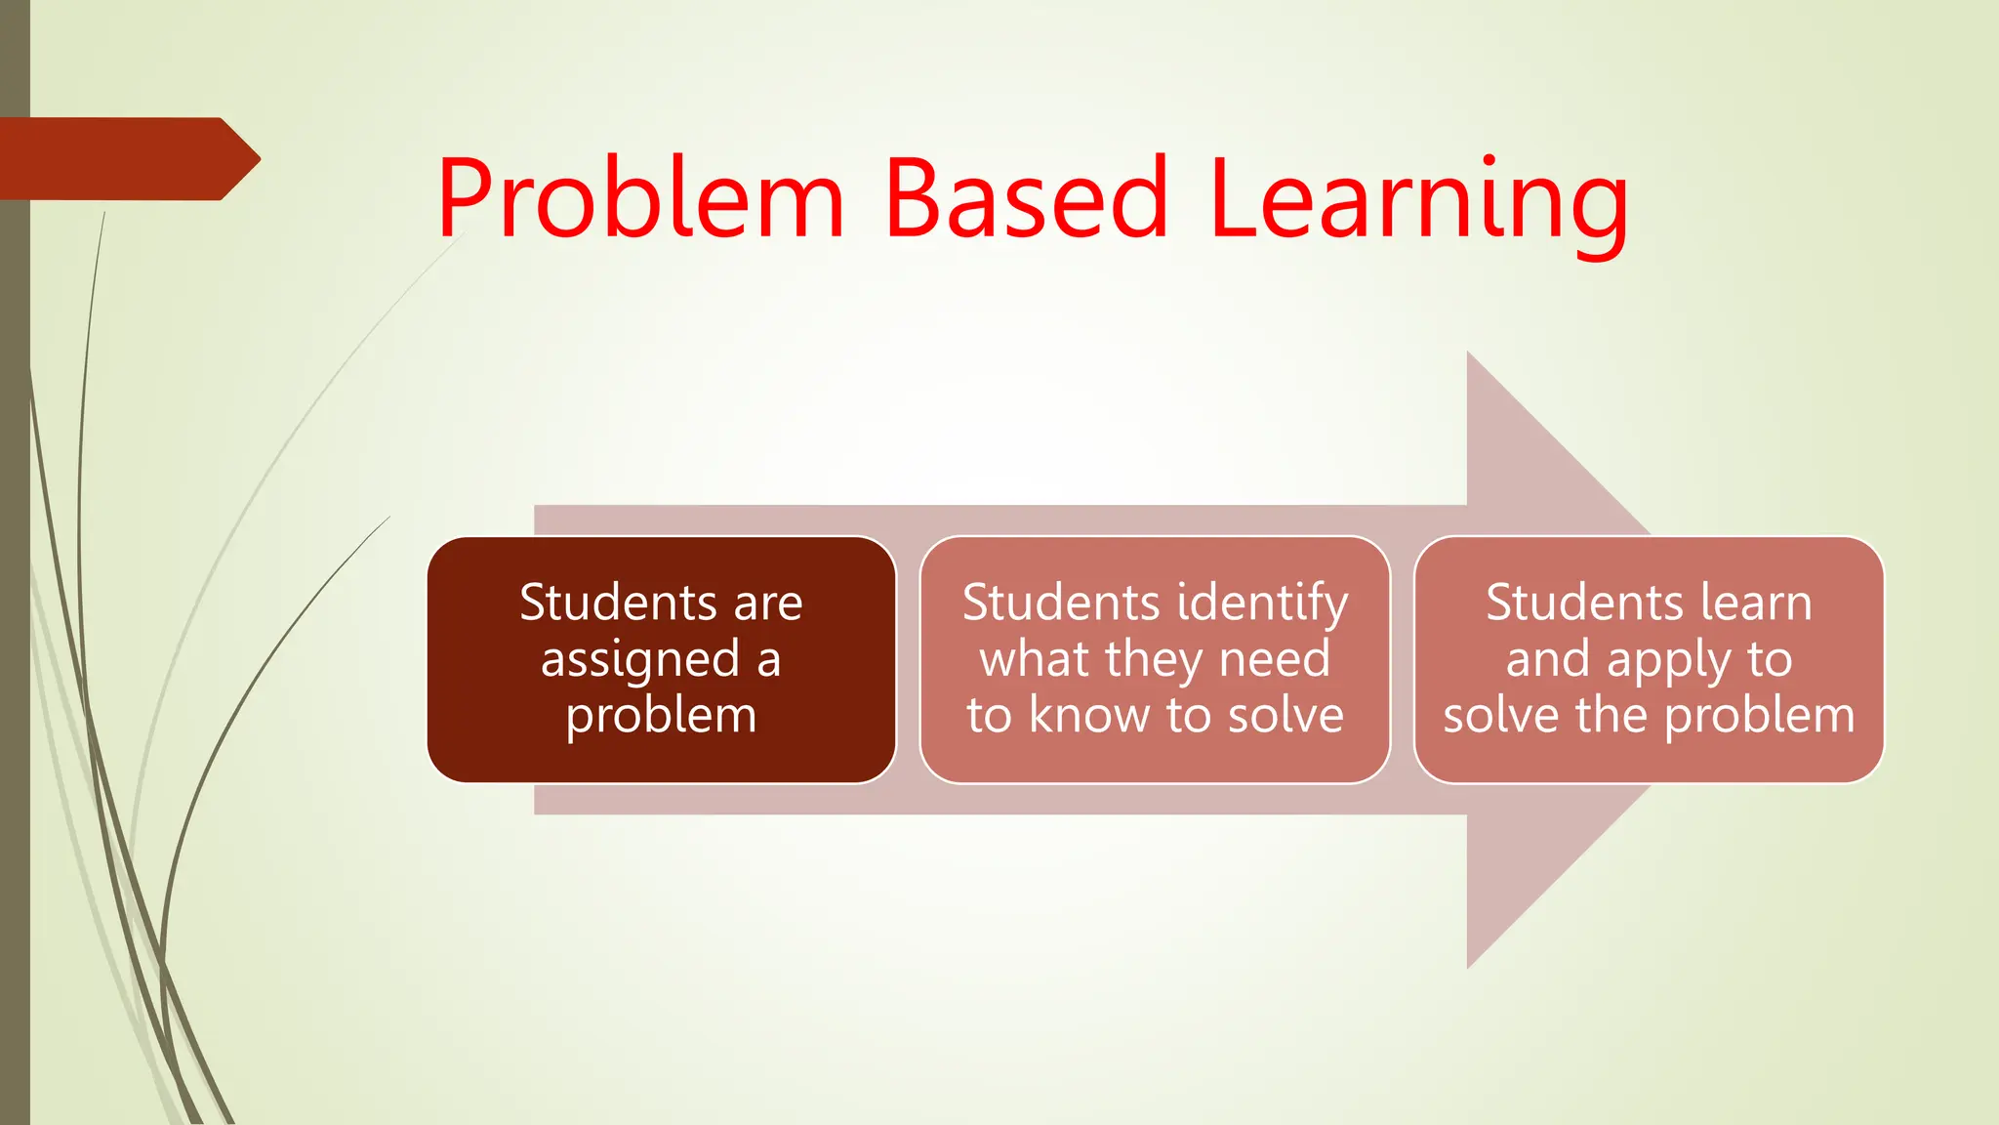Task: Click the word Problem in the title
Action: [x=639, y=200]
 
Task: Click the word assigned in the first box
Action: [x=640, y=661]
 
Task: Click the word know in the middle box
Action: [x=1090, y=716]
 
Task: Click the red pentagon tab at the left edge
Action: [x=127, y=158]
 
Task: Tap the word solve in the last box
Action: [x=1501, y=716]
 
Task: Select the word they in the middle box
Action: [x=1155, y=661]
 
